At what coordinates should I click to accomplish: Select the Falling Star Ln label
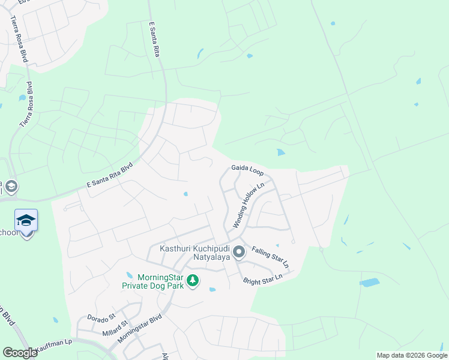270,257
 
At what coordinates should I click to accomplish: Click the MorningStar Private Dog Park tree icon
193,280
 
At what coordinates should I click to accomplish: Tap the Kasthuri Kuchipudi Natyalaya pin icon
239,253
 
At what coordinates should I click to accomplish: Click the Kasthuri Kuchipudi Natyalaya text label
194,253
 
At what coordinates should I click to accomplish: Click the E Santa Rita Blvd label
109,175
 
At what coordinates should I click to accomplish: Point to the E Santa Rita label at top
155,40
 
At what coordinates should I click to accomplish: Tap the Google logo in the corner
20,353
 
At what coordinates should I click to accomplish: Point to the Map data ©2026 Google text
412,355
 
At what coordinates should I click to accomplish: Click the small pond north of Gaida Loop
281,152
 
